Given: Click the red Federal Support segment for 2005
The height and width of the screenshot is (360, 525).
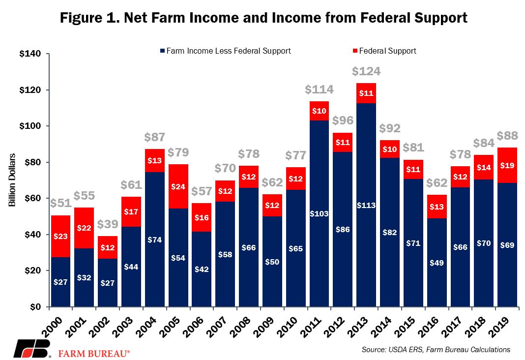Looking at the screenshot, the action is pyautogui.click(x=178, y=186).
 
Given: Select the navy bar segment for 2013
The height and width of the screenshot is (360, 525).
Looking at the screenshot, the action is pyautogui.click(x=366, y=205).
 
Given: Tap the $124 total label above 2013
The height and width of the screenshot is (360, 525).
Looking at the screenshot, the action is pyautogui.click(x=366, y=71).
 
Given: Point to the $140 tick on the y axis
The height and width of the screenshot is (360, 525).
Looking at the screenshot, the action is pyautogui.click(x=30, y=54).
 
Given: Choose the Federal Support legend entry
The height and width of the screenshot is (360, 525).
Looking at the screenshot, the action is pyautogui.click(x=384, y=51).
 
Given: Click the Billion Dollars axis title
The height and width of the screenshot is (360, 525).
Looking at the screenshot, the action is pyautogui.click(x=12, y=180).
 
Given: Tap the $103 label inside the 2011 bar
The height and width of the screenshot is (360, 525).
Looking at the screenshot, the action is pyautogui.click(x=319, y=213).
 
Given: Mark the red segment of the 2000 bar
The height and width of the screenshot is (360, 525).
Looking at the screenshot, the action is pyautogui.click(x=60, y=236).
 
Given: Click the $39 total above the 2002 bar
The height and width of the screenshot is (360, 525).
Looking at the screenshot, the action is pyautogui.click(x=108, y=224).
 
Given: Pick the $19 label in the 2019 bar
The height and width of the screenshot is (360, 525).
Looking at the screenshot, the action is pyautogui.click(x=507, y=165).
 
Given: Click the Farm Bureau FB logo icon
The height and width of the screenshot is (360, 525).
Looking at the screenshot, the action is pyautogui.click(x=32, y=349).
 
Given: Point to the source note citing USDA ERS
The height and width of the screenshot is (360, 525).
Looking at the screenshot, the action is pyautogui.click(x=436, y=350).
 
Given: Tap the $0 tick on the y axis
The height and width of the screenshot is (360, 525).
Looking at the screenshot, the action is pyautogui.click(x=35, y=307).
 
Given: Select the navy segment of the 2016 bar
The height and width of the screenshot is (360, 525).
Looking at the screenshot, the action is pyautogui.click(x=437, y=263).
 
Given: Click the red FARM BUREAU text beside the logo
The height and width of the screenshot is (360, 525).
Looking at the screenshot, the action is pyautogui.click(x=94, y=354).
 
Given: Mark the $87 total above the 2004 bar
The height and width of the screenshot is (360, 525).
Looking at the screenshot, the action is pyautogui.click(x=155, y=137).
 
